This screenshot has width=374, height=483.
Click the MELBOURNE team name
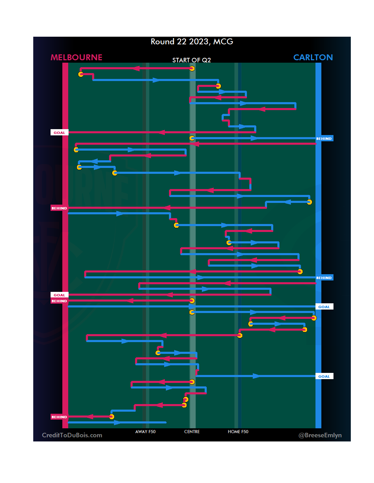pos(76,57)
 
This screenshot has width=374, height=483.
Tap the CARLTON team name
pos(313,57)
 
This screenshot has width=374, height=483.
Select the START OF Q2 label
pos(192,60)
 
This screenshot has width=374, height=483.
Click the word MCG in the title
pos(223,42)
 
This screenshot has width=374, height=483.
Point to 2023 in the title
pos(198,42)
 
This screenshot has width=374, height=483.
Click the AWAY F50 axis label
pos(145,432)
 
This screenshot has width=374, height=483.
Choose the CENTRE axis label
pos(192,432)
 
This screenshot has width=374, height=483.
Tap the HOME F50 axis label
pos(238,432)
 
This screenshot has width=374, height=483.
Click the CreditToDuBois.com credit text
pos(72,435)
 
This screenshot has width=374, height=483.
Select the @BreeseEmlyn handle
pos(320,435)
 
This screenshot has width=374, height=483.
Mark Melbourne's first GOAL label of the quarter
pos(59,133)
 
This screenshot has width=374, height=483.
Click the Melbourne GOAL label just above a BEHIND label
pos(59,295)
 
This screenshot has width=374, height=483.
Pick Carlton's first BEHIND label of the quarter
pos(324,138)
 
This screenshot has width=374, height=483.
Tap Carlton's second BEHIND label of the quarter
pos(324,278)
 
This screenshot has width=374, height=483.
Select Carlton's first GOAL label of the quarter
pos(324,307)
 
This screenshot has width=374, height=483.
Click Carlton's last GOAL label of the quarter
pos(324,376)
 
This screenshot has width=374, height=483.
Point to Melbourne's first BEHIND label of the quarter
pos(59,208)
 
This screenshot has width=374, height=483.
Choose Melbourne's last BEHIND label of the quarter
pos(59,417)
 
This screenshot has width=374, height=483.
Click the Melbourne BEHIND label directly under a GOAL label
pos(59,301)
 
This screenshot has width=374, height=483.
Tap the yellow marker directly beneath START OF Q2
pos(192,69)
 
